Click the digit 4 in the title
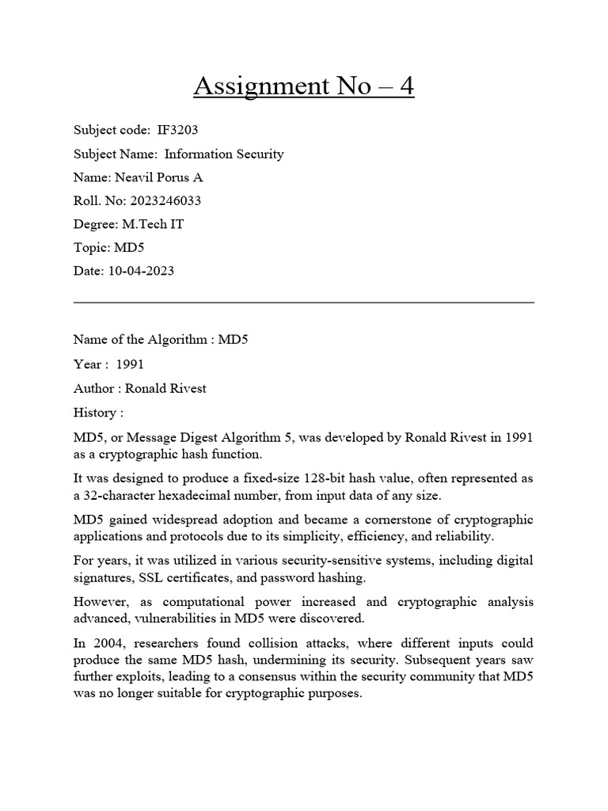405,86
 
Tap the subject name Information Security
224,154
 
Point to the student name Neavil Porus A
154,177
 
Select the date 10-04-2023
141,271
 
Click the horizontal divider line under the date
303,302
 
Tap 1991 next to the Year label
130,364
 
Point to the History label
95,413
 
